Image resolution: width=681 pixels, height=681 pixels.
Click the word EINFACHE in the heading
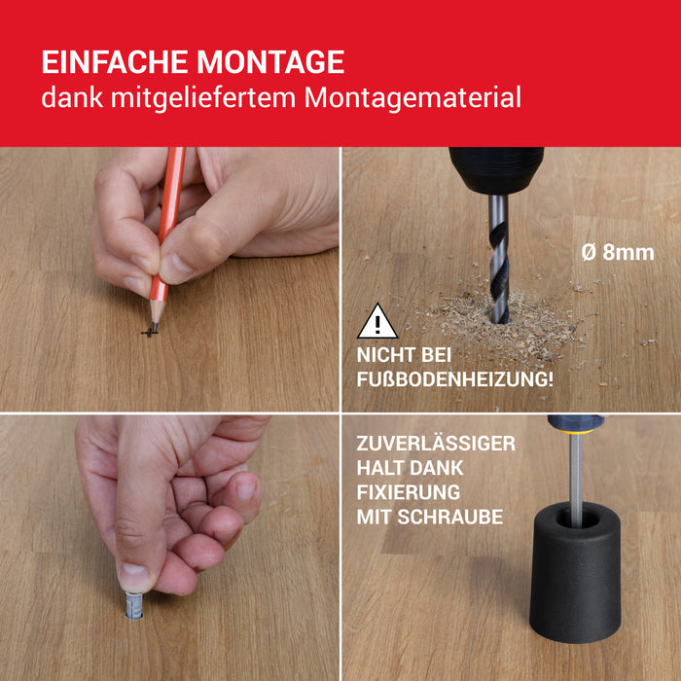point(115,61)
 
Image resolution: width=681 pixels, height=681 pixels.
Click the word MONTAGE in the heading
point(270,61)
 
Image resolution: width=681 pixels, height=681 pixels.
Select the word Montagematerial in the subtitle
point(412,98)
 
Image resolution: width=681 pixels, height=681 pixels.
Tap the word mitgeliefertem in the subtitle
point(203,99)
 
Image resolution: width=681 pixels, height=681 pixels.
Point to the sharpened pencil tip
point(154,328)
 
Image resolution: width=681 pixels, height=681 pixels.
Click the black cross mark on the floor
point(149,333)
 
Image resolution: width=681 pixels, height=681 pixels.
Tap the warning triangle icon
point(377,321)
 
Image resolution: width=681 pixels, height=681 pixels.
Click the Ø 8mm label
point(618,253)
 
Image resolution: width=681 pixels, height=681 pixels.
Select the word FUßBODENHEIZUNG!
point(454,379)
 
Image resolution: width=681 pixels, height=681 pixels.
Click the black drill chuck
point(496,170)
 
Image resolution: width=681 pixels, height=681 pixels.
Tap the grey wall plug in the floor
point(134,605)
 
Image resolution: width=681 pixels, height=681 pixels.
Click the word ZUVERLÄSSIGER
point(436,444)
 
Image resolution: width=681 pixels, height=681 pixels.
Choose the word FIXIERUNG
point(409,492)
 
